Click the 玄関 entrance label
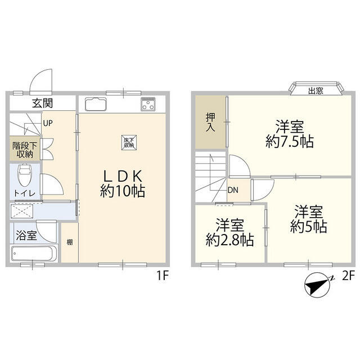[x=43, y=103]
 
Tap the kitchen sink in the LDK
[x=96, y=104]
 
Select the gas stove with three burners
[x=148, y=104]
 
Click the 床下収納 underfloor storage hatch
[x=129, y=142]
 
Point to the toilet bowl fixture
[x=25, y=175]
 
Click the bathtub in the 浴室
[x=34, y=254]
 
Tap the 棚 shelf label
[x=70, y=242]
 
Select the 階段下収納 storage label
[x=25, y=150]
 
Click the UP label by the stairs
[x=48, y=123]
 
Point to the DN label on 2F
[x=233, y=190]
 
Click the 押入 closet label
[x=210, y=122]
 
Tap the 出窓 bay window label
[x=316, y=91]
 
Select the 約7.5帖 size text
[x=290, y=142]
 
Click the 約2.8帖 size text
[x=229, y=240]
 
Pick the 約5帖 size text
[x=309, y=227]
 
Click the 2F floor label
[x=349, y=276]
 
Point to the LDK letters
[x=123, y=176]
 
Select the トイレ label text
[x=25, y=193]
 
